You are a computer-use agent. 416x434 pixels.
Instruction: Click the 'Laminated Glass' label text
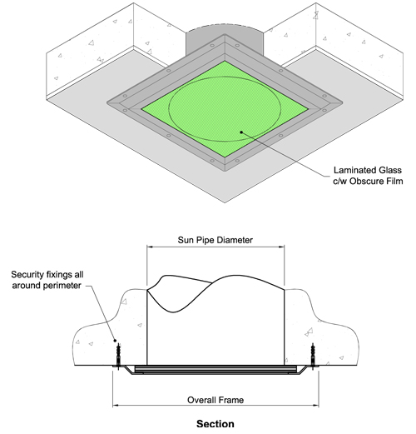[x=368, y=170]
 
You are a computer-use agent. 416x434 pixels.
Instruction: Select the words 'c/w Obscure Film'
[x=368, y=181]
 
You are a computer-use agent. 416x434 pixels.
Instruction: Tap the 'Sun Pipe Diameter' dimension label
[x=215, y=240]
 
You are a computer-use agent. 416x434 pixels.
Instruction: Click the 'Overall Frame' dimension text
[x=215, y=400]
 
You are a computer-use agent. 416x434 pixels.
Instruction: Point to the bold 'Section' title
[x=215, y=424]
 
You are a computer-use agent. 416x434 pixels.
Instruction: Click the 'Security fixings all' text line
[x=47, y=275]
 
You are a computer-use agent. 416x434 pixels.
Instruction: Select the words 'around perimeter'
[x=47, y=286]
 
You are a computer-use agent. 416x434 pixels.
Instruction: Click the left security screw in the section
[x=119, y=357]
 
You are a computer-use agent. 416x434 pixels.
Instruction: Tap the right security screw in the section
[x=313, y=357]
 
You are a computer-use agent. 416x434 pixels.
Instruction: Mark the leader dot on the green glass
[x=241, y=132]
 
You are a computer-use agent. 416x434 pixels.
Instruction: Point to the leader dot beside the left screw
[x=115, y=341]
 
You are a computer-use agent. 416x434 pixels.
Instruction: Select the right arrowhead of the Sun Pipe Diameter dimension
[x=281, y=247]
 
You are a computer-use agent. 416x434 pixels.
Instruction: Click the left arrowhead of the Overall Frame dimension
[x=116, y=406]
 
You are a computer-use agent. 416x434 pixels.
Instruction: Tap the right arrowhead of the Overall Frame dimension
[x=315, y=406]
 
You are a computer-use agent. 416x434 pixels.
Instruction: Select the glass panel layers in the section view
[x=215, y=369]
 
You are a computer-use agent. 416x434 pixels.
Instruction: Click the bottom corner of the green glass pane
[x=225, y=157]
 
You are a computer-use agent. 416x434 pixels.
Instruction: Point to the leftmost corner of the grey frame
[x=107, y=102]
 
